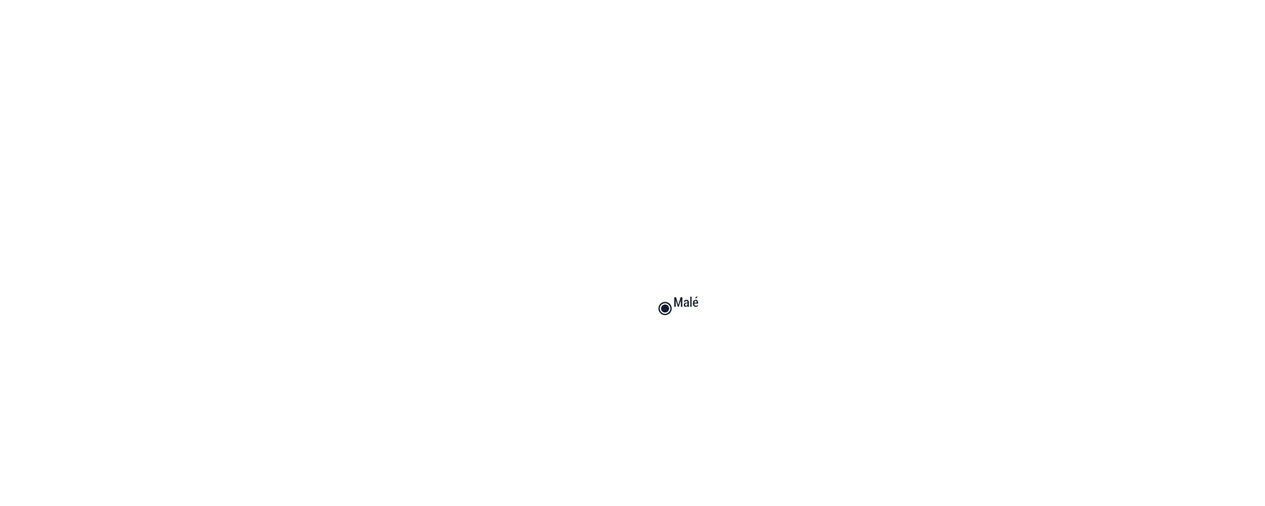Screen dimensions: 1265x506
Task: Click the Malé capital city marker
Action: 665,309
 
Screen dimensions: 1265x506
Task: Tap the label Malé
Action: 686,302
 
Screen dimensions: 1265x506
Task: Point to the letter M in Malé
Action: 678,303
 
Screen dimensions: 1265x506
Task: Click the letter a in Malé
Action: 686,304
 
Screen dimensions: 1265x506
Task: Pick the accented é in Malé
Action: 696,302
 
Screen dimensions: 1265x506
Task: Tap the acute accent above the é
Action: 696,297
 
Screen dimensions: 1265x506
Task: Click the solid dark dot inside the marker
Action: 665,309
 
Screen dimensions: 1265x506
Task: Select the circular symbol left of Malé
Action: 665,309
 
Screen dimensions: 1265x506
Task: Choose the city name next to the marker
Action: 686,302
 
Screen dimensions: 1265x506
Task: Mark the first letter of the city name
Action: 678,303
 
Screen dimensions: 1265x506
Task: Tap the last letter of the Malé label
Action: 696,302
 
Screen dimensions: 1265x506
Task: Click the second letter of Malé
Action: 686,304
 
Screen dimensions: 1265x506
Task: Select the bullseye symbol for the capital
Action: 665,309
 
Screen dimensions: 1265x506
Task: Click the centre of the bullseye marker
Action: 665,309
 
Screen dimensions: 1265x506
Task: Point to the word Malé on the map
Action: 686,302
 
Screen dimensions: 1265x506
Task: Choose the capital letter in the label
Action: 678,303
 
